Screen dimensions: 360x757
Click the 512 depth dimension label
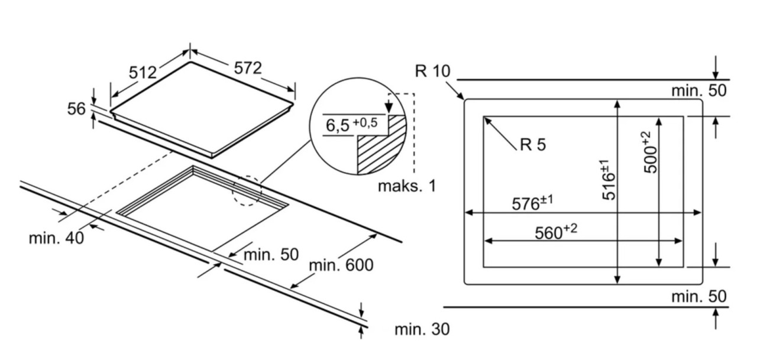click(143, 72)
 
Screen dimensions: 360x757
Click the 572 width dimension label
click(247, 68)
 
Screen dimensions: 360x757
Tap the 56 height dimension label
click(76, 109)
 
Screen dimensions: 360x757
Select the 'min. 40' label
click(56, 238)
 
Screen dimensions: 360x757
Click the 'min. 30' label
click(422, 329)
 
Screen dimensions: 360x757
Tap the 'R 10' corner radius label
click(432, 71)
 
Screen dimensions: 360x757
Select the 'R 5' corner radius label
click(533, 144)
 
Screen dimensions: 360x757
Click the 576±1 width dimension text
click(532, 203)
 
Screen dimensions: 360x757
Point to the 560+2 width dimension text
click(555, 232)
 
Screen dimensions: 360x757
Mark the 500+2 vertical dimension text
click(650, 153)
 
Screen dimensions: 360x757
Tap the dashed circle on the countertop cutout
click(247, 190)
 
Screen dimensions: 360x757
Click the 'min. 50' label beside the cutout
click(271, 255)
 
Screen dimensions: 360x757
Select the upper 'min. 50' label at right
click(698, 90)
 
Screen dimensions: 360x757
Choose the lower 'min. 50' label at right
click(698, 296)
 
